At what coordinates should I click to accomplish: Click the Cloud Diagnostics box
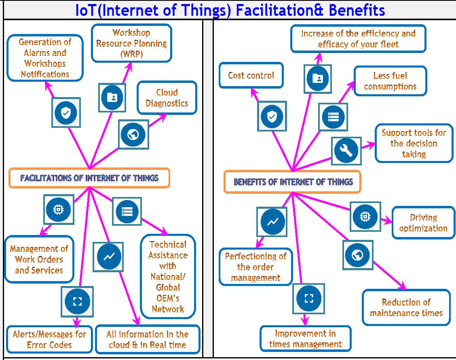click(167, 98)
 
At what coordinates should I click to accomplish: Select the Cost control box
click(251, 75)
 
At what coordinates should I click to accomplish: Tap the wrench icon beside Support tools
click(346, 150)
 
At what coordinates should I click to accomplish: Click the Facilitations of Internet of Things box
click(89, 178)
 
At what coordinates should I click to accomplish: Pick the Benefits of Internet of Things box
click(292, 182)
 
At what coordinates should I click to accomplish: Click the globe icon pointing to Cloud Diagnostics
click(133, 134)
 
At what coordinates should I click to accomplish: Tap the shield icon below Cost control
click(272, 116)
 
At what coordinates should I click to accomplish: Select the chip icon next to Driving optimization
click(365, 216)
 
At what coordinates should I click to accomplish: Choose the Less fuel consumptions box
click(390, 81)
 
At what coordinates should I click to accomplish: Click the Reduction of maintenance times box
click(406, 307)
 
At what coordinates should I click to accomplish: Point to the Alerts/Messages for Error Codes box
click(49, 339)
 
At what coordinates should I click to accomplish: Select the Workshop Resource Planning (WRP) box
click(131, 43)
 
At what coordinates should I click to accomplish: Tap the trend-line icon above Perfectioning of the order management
click(272, 222)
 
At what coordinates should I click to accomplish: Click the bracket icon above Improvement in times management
click(308, 298)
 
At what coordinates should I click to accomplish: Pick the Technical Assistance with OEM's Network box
click(168, 277)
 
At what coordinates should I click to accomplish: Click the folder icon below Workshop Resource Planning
click(112, 97)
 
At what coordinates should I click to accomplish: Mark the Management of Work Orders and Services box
click(39, 259)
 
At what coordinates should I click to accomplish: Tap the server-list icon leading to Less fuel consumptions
click(333, 117)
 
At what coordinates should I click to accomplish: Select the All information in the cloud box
click(148, 339)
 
